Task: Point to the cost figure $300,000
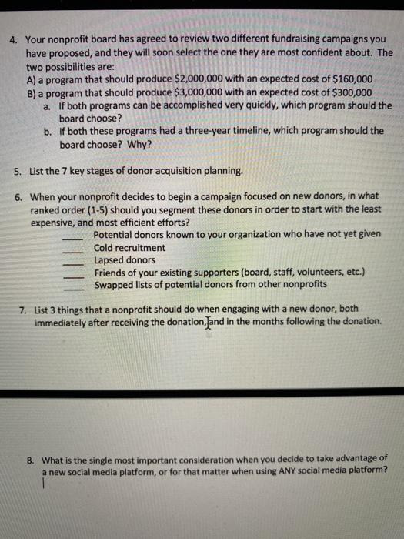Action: pyautogui.click(x=349, y=92)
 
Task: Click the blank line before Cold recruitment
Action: pyautogui.click(x=75, y=249)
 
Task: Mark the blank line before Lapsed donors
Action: pyautogui.click(x=75, y=261)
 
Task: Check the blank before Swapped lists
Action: pyautogui.click(x=75, y=286)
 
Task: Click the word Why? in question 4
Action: pyautogui.click(x=139, y=144)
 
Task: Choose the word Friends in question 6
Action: pyautogui.click(x=112, y=273)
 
